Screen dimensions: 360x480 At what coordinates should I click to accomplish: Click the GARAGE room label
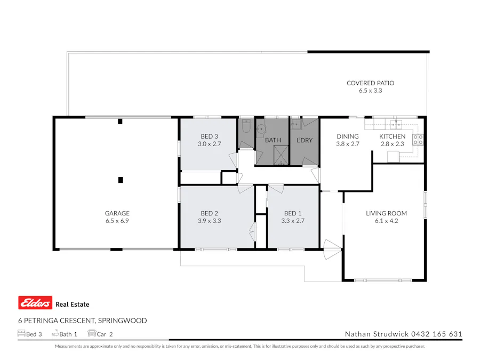coord(117,213)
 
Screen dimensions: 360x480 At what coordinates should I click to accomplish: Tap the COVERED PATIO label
coord(370,83)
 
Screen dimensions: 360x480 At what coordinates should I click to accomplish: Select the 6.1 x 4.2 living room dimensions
coord(382,220)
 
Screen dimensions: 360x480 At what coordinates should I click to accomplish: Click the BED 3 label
coord(209,137)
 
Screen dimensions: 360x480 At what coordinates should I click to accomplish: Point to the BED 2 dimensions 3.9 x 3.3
coord(209,220)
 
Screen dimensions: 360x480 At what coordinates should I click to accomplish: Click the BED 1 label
coord(292,213)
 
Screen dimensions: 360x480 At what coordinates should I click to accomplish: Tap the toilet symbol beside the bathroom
coord(246,127)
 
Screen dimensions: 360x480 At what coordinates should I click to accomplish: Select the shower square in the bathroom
coord(280,155)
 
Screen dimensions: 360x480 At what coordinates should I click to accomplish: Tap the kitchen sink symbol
coord(396,125)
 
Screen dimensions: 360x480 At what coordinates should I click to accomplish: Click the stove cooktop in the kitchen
coord(419,140)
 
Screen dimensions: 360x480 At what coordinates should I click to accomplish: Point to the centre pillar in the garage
coord(121,180)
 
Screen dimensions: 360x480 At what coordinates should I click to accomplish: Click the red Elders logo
coord(35,303)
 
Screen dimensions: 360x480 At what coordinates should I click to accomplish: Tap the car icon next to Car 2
coord(91,334)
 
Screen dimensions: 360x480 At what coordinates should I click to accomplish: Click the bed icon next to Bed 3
coord(21,334)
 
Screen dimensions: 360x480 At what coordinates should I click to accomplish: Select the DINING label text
coord(347,137)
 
